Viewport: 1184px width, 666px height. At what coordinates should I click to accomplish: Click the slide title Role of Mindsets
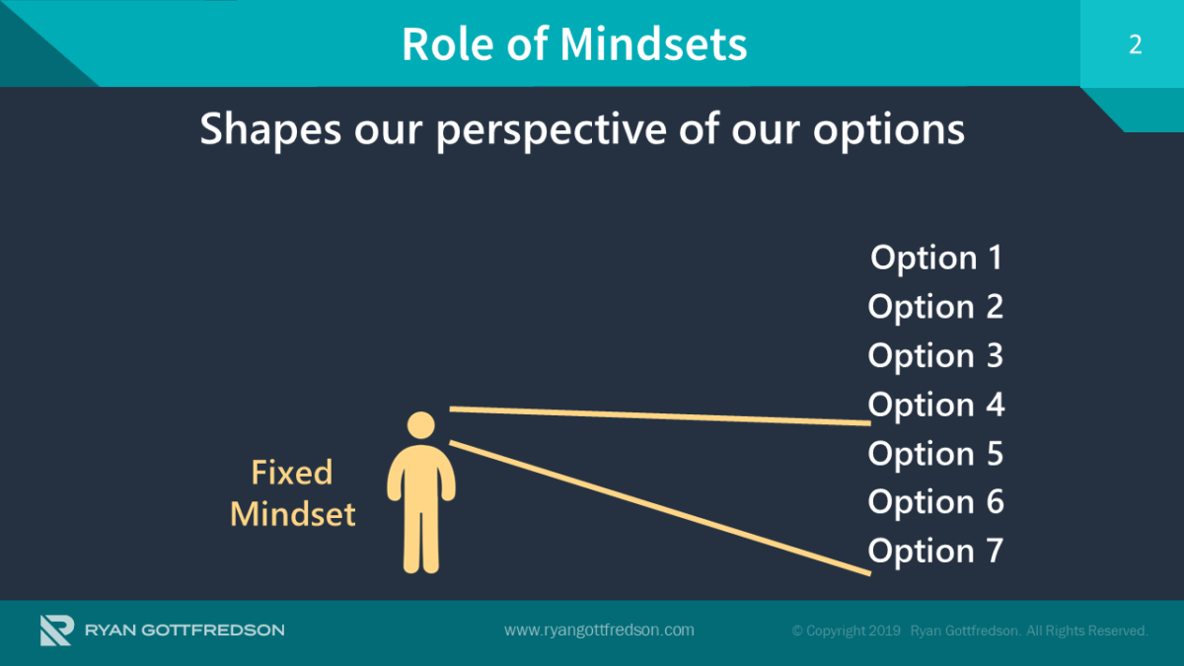tap(574, 44)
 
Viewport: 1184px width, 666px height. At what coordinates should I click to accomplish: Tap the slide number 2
tap(1135, 44)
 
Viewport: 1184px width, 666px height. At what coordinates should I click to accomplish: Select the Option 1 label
tap(935, 258)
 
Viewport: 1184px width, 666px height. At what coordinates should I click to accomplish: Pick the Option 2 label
tap(935, 307)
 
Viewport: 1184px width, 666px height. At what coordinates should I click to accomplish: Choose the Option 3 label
tap(935, 355)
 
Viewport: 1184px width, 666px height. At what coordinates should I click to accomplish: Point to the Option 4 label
tap(935, 405)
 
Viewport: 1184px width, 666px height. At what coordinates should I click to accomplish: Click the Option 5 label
tap(935, 454)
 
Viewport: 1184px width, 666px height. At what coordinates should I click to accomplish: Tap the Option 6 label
tap(935, 502)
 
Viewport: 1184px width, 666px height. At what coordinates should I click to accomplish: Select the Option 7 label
tap(935, 551)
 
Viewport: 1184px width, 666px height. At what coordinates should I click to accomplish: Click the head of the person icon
tap(421, 426)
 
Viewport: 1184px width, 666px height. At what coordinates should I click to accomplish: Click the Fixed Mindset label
tap(292, 493)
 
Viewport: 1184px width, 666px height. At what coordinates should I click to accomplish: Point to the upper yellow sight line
tap(659, 415)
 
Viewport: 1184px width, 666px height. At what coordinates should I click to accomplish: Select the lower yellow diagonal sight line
tap(659, 506)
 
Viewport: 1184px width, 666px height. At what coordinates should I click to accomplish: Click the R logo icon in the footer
tap(55, 630)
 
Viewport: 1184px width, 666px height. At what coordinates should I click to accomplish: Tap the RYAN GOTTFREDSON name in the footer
tap(185, 630)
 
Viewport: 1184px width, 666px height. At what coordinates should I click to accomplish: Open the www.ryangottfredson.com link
tap(599, 630)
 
